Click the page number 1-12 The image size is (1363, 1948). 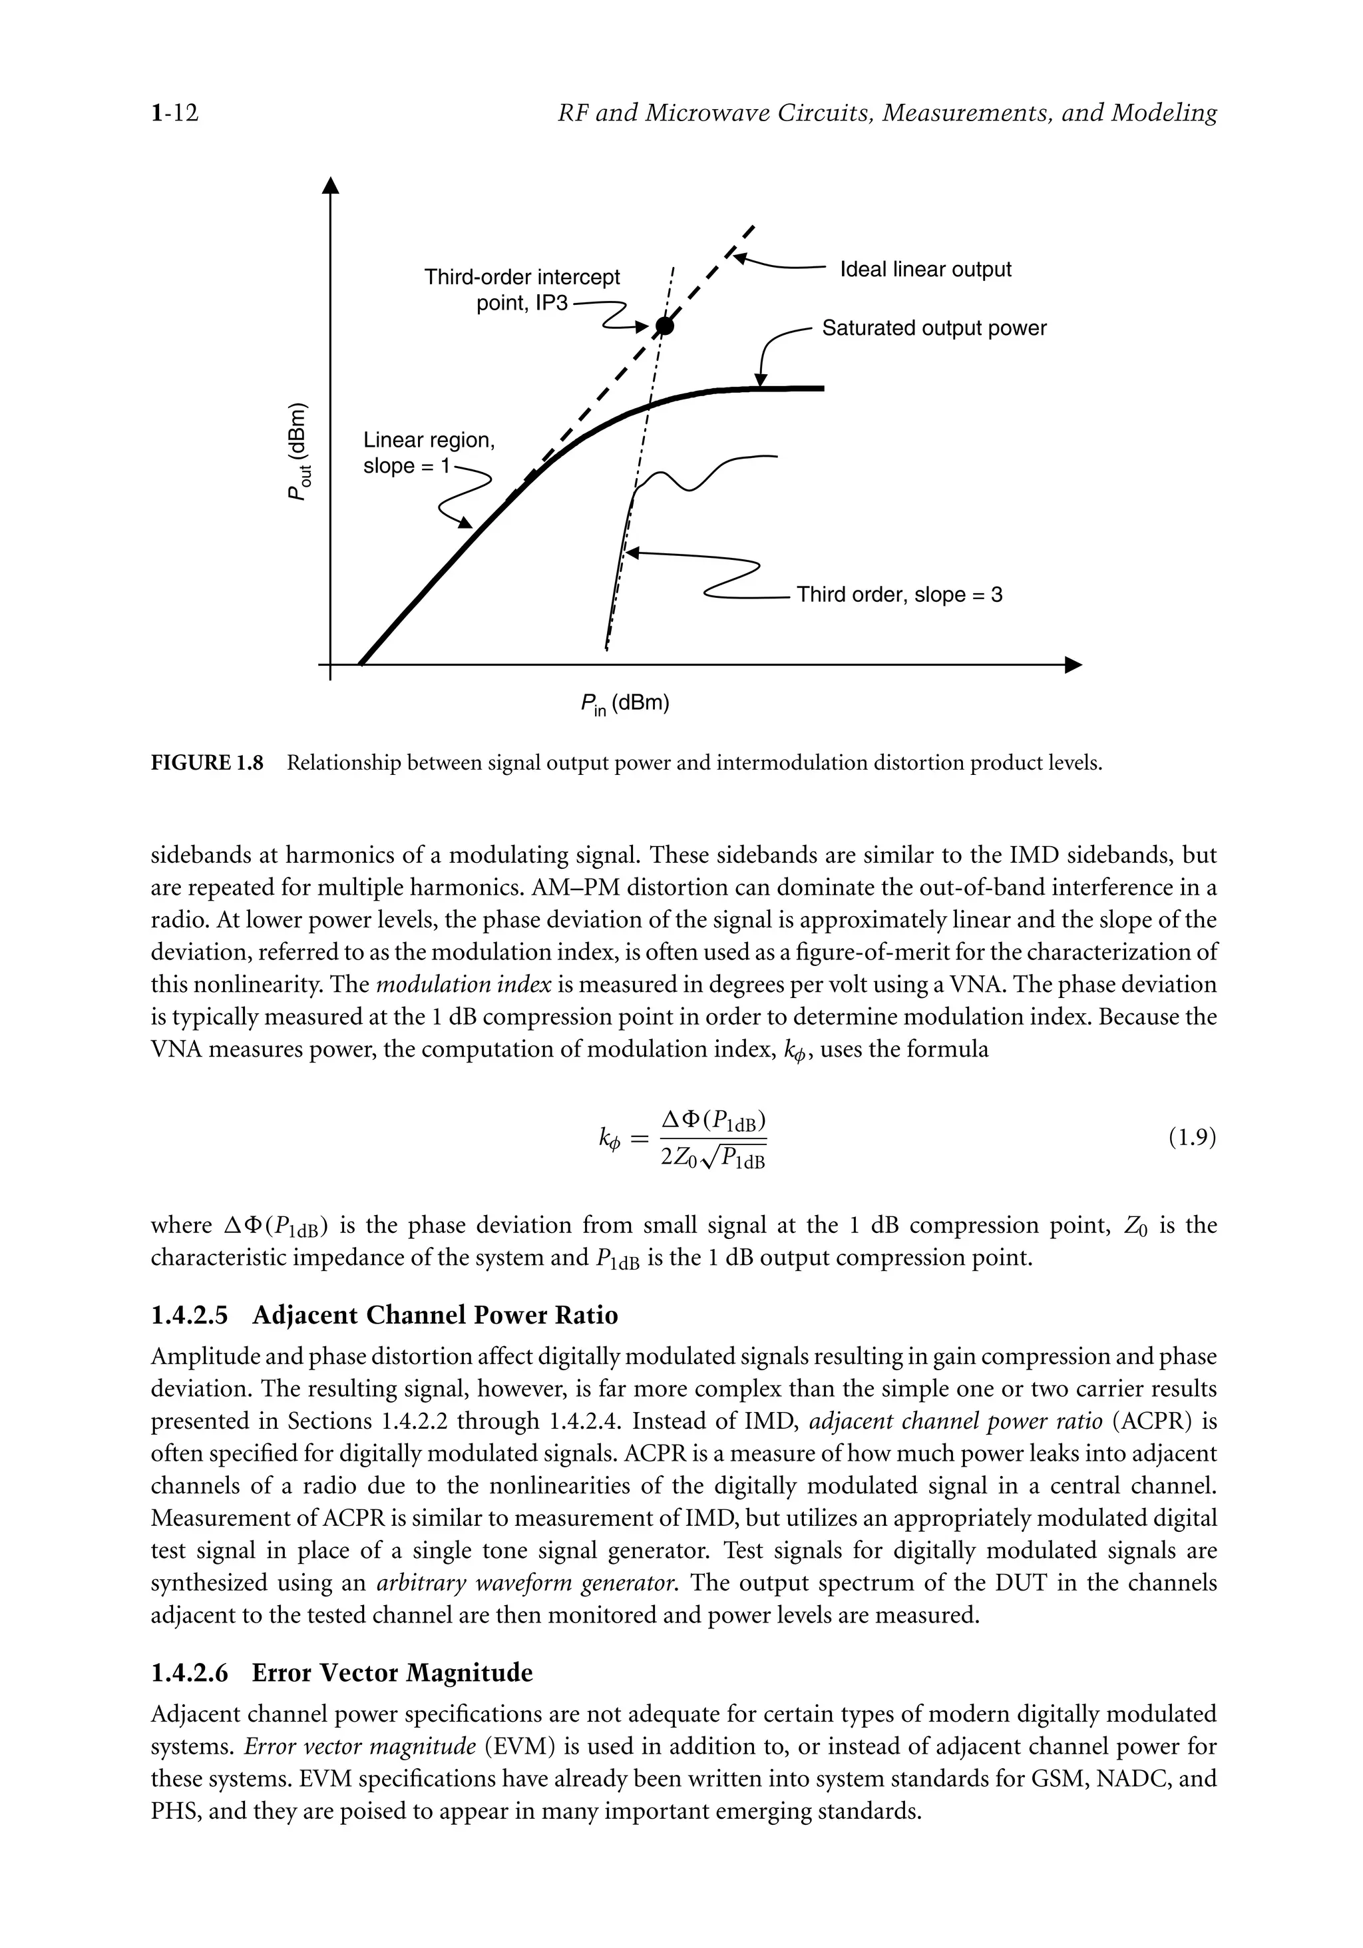coord(174,113)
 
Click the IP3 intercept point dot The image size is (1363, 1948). coord(665,325)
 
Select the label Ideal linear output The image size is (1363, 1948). coord(925,270)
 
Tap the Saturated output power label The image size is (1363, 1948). coord(934,328)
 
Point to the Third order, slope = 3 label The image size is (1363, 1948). coord(899,595)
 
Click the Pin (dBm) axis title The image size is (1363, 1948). coord(625,704)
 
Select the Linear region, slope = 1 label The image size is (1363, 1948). coord(429,452)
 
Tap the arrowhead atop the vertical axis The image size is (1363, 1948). coord(330,185)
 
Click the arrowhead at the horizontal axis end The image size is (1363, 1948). coord(1073,664)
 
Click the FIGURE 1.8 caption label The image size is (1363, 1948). coord(207,763)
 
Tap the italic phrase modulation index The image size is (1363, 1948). coord(463,985)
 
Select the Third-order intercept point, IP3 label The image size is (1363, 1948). coord(522,290)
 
